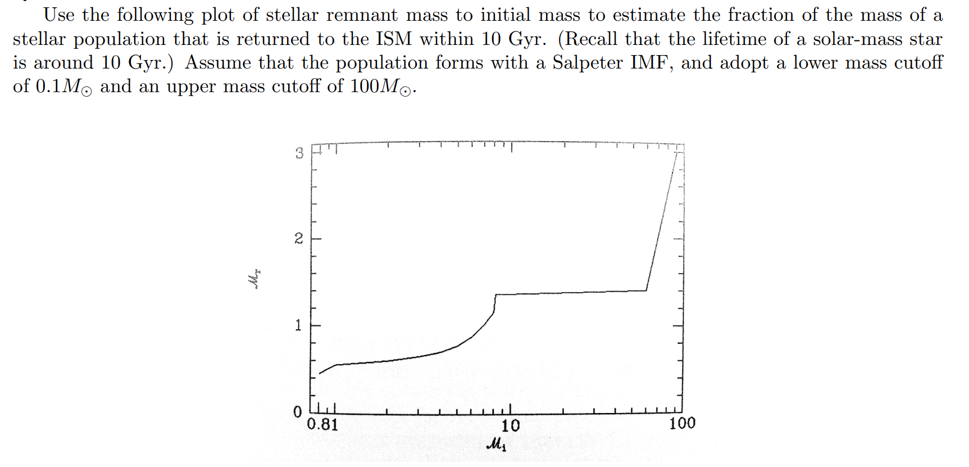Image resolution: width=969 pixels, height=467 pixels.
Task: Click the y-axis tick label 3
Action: click(x=299, y=153)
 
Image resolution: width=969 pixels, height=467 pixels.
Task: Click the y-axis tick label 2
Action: click(x=299, y=239)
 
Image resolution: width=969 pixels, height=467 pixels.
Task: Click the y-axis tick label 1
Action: click(x=299, y=325)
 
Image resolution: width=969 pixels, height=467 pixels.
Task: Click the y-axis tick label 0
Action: click(x=298, y=412)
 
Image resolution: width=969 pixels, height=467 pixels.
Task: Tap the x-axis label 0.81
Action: click(x=323, y=424)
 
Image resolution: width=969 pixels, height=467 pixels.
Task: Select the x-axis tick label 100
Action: click(x=682, y=423)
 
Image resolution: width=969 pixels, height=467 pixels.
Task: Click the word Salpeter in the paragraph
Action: click(x=587, y=62)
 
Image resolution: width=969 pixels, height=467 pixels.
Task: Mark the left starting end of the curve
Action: click(x=320, y=374)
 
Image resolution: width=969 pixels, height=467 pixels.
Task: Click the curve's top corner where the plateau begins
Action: click(x=496, y=294)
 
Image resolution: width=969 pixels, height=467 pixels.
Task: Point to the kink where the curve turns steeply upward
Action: click(x=647, y=291)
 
